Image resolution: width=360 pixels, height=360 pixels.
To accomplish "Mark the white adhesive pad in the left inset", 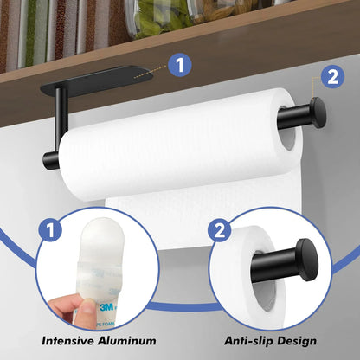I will click(87, 251).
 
